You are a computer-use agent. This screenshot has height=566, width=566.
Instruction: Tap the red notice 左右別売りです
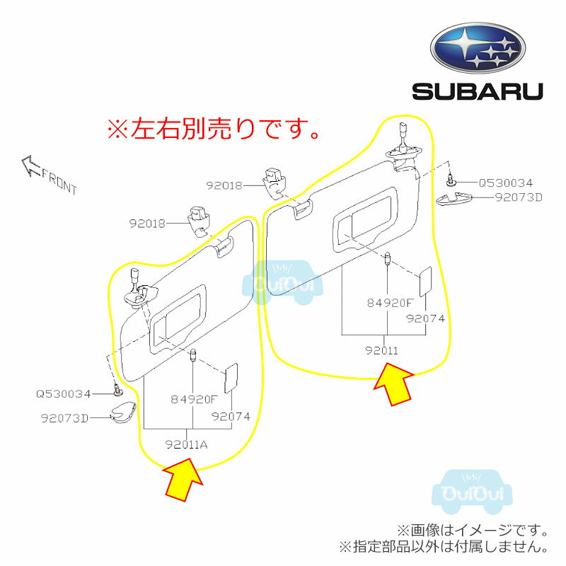[213, 129]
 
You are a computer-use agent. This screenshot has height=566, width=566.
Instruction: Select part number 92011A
[187, 444]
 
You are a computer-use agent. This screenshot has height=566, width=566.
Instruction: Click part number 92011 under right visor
[381, 350]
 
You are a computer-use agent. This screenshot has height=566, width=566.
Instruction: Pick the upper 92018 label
[225, 185]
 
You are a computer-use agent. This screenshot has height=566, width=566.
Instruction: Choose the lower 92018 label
[147, 224]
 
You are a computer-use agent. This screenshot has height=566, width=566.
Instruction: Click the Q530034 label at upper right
[505, 183]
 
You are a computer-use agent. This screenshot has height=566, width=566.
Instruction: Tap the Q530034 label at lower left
[64, 393]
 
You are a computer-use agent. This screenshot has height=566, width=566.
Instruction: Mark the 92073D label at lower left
[64, 417]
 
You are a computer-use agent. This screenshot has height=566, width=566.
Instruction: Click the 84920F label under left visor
[192, 399]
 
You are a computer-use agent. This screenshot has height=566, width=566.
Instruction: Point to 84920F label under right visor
[389, 303]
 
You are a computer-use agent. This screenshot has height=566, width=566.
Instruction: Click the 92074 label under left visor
[231, 417]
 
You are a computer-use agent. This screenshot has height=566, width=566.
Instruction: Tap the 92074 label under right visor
[425, 318]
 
